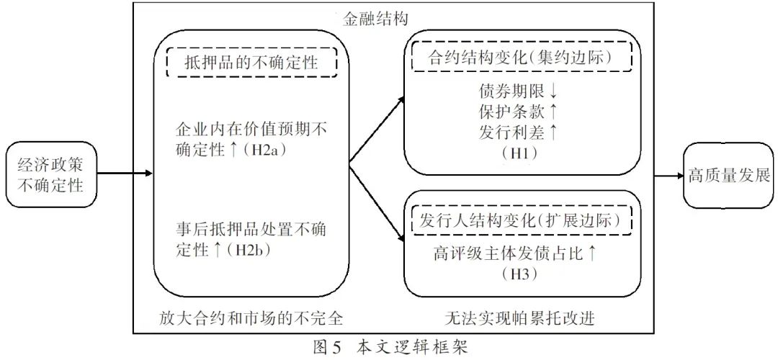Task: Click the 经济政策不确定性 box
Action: [x=50, y=174]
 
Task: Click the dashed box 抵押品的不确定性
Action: [x=251, y=62]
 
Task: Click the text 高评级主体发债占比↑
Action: [x=516, y=253]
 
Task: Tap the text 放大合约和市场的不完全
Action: [x=251, y=316]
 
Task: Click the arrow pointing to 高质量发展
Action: [x=668, y=174]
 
